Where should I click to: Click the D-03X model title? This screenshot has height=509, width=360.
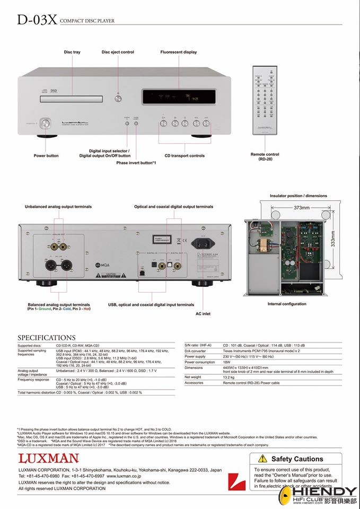tap(36, 20)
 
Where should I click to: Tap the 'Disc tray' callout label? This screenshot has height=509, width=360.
tap(72, 52)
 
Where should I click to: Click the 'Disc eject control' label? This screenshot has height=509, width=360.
tap(118, 52)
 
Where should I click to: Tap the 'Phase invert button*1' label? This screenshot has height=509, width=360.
tap(136, 163)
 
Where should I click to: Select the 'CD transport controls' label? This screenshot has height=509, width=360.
tap(184, 156)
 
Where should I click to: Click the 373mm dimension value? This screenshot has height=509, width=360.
tap(302, 208)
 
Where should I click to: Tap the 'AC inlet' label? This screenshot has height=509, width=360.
tap(203, 313)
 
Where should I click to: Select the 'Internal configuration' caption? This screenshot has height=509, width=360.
tap(287, 304)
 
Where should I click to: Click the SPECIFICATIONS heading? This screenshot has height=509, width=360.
tap(47, 337)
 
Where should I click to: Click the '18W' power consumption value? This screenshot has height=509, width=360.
tap(227, 362)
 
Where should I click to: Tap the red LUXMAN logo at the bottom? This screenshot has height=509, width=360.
tap(48, 458)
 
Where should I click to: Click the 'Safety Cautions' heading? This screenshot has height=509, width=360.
tap(297, 459)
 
